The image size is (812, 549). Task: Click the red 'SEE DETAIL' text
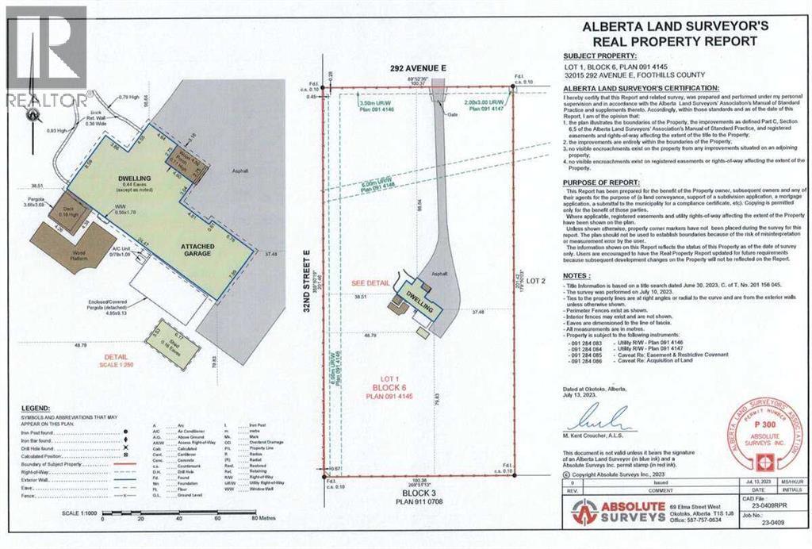click(371, 282)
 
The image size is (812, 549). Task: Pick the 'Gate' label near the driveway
click(454, 114)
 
